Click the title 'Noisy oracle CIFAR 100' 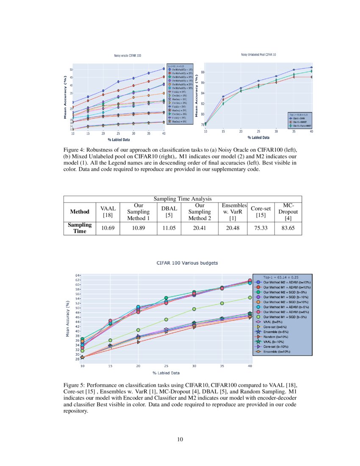coord(127,55)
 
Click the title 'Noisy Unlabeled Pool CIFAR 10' coord(258,55)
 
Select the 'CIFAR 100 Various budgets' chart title coord(187,263)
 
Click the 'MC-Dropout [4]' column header coord(289,211)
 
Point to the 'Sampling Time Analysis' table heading coord(182,199)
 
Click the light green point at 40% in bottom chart coord(250,298)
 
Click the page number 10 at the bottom coord(180,439)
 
